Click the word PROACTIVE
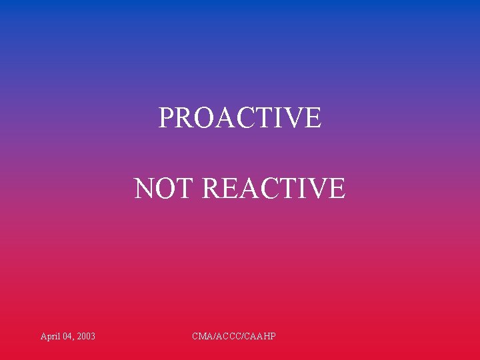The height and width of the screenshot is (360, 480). (240, 118)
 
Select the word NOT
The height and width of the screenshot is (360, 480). (164, 189)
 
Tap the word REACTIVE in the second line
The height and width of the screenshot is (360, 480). (273, 189)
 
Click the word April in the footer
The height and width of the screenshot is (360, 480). (50, 337)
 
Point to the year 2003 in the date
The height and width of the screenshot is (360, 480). (86, 337)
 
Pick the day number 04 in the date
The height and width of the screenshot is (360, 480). (68, 337)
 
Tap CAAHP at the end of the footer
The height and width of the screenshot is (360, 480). (260, 337)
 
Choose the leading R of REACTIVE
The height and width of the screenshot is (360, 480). (210, 189)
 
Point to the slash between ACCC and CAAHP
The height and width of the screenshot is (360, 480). (243, 337)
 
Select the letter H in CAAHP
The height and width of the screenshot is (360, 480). (266, 337)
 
